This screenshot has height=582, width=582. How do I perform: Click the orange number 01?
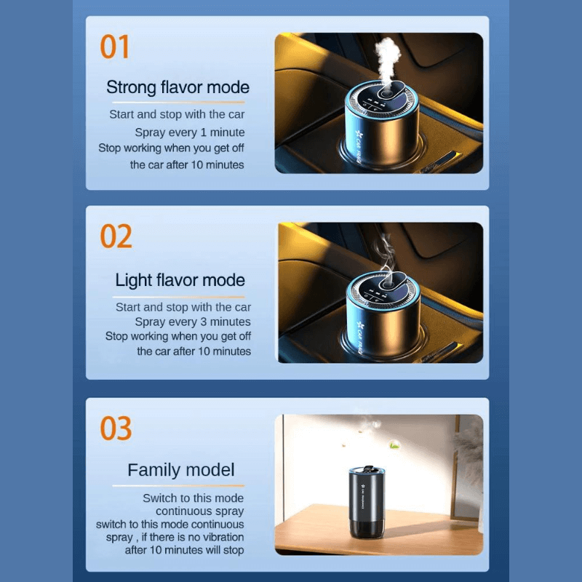[115, 47]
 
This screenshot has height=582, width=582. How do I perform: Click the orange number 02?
[116, 237]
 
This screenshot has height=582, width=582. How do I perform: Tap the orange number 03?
[116, 429]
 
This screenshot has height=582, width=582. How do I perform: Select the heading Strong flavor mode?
[178, 87]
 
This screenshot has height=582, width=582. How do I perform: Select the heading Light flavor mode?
[180, 280]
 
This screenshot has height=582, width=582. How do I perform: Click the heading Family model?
[181, 470]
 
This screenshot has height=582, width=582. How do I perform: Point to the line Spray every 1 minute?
[189, 132]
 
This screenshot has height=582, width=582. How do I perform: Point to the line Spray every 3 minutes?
[192, 322]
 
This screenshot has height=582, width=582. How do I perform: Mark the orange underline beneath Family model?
[178, 485]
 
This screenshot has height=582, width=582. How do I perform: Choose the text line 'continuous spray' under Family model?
[199, 511]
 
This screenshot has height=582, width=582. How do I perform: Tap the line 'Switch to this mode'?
[193, 498]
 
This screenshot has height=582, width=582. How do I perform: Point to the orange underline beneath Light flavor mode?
[178, 296]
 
